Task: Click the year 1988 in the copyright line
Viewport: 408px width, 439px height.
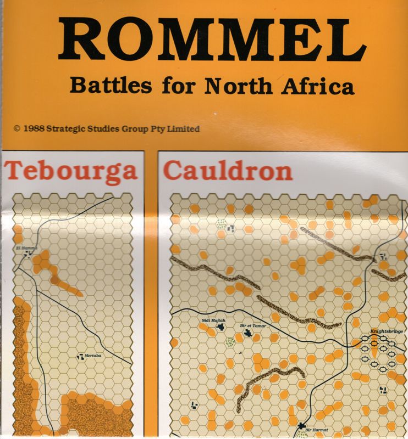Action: (x=34, y=129)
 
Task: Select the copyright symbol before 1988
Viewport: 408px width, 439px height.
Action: (x=17, y=129)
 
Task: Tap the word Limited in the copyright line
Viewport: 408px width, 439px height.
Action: (x=183, y=129)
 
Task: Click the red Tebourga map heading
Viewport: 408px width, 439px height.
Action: (x=71, y=171)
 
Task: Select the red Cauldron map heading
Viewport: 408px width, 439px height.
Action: (x=228, y=171)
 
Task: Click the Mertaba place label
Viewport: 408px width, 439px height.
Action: (x=94, y=357)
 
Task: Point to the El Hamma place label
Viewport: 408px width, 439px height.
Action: (x=25, y=249)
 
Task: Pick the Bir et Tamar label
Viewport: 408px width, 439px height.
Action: (x=253, y=325)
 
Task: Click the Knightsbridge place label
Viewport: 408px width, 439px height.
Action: (x=387, y=331)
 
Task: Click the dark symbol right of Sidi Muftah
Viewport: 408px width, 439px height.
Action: (x=221, y=327)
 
